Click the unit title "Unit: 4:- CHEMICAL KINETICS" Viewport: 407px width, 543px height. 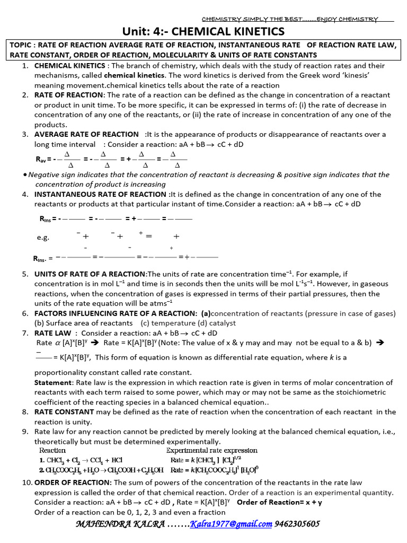pos(203,32)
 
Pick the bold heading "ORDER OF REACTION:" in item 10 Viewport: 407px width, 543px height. pos(73,482)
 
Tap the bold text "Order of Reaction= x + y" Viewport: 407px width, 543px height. pos(280,502)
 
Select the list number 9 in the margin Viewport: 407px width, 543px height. pos(25,432)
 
